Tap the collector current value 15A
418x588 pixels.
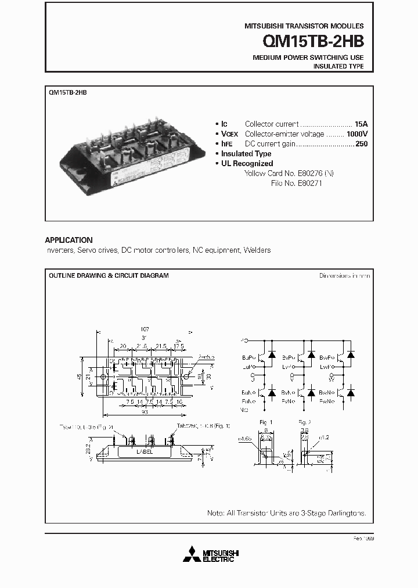(x=361, y=124)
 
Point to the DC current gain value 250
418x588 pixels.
(x=361, y=144)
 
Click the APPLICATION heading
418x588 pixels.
(x=69, y=240)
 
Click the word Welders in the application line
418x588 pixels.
(x=258, y=250)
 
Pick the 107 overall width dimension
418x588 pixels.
(x=145, y=328)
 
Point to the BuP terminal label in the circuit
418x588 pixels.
(x=247, y=358)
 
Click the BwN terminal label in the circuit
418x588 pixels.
(x=326, y=393)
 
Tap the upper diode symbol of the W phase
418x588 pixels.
(x=351, y=354)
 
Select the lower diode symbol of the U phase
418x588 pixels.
(x=271, y=393)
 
